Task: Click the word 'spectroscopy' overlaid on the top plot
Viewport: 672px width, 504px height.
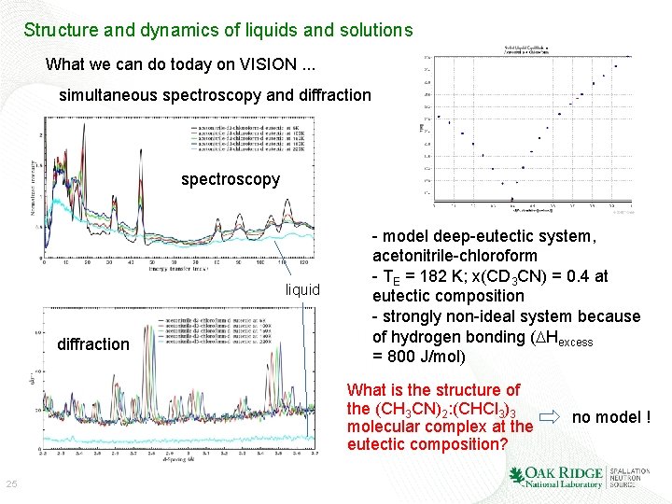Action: point(231,178)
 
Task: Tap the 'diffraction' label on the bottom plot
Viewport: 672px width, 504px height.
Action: point(93,344)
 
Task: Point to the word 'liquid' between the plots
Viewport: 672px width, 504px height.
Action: point(302,289)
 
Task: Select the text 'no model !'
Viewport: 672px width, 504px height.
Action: point(611,416)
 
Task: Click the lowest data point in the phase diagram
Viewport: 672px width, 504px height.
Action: point(512,198)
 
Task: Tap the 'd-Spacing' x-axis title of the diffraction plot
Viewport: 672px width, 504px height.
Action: point(177,460)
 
